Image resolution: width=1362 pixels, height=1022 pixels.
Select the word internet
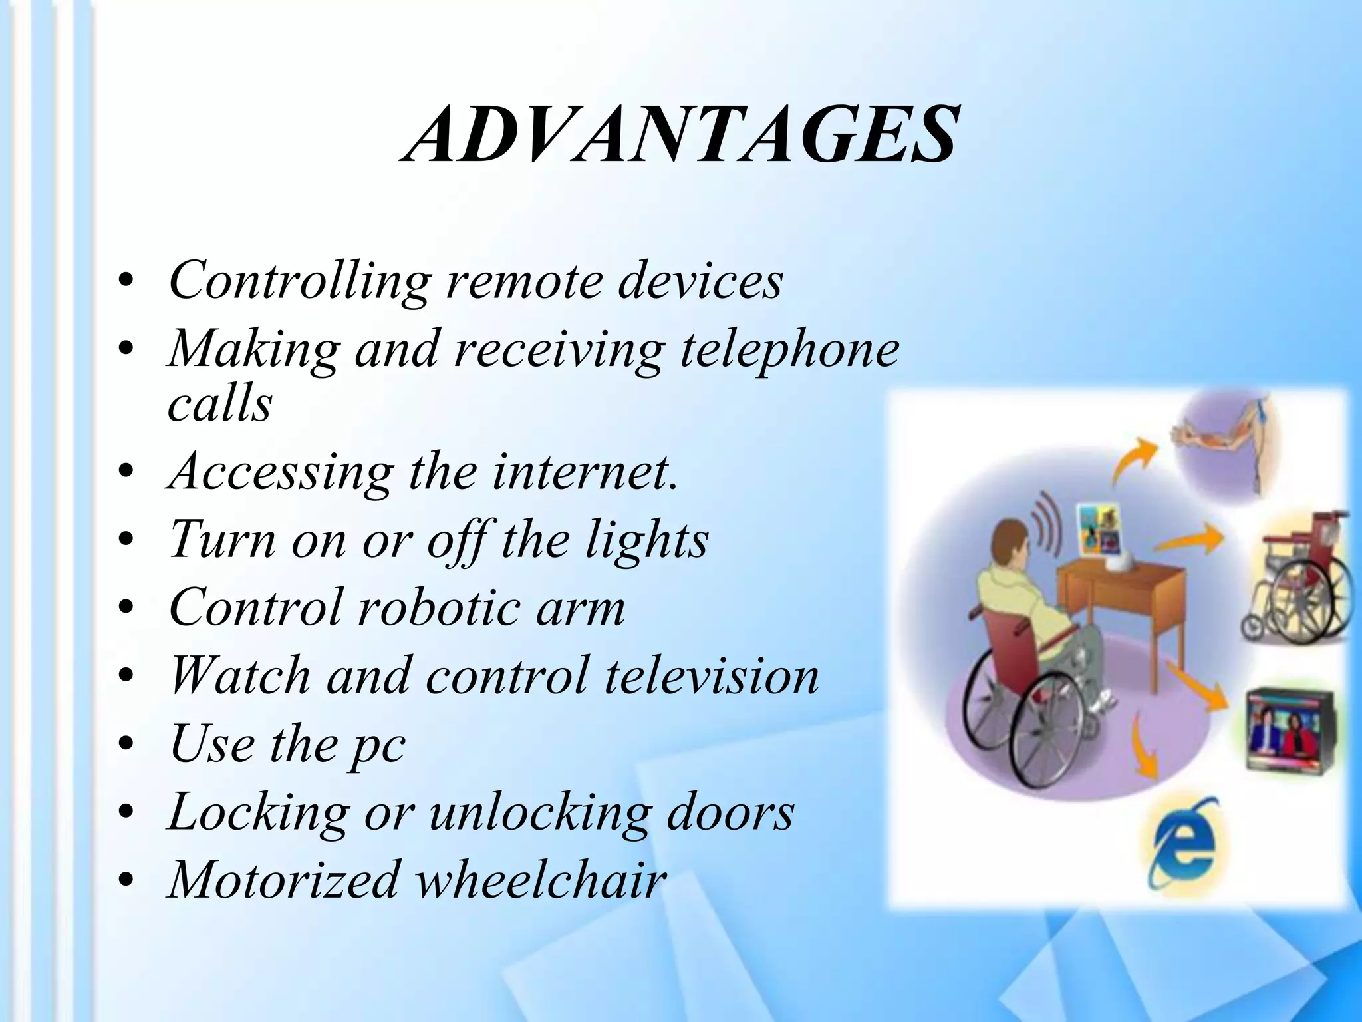[586, 471]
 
